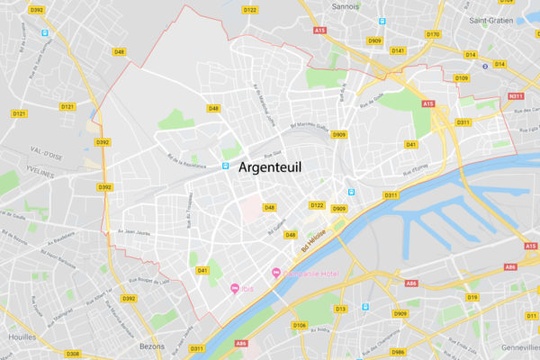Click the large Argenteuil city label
[270, 168]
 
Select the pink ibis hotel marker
[235, 288]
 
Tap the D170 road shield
[433, 34]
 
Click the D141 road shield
[398, 50]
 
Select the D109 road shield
[462, 78]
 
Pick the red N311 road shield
[516, 96]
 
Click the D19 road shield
[473, 297]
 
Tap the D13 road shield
[341, 309]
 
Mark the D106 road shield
[300, 325]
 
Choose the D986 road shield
[398, 352]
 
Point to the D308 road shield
[73, 354]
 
